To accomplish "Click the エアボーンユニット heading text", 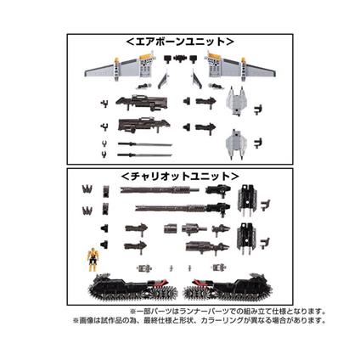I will (x=179, y=41).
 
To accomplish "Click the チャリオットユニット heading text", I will (x=179, y=176).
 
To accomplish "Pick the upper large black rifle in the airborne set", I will (x=142, y=104).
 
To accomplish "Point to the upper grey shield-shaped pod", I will (x=239, y=102).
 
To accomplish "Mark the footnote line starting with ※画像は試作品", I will (x=199, y=320).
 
